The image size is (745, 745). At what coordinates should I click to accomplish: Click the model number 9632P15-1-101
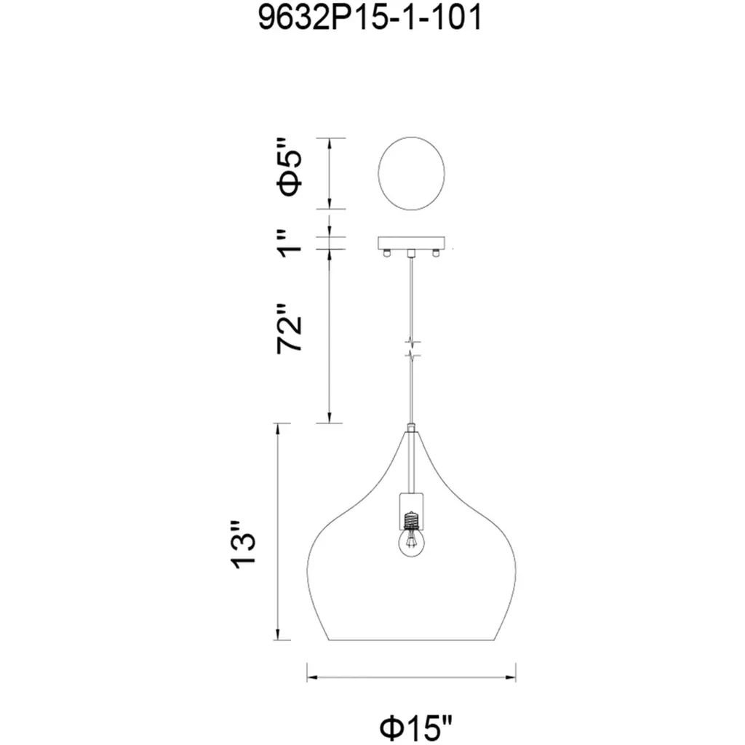[x=370, y=18]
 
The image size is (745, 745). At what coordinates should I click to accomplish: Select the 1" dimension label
[x=290, y=243]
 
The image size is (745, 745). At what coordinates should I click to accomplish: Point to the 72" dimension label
[x=290, y=328]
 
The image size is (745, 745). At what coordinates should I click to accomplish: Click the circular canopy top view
[x=411, y=173]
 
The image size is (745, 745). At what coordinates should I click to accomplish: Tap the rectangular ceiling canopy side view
[x=412, y=243]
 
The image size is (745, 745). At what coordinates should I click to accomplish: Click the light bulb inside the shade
[x=411, y=543]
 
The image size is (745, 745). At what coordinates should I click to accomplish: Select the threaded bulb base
[x=411, y=520]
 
